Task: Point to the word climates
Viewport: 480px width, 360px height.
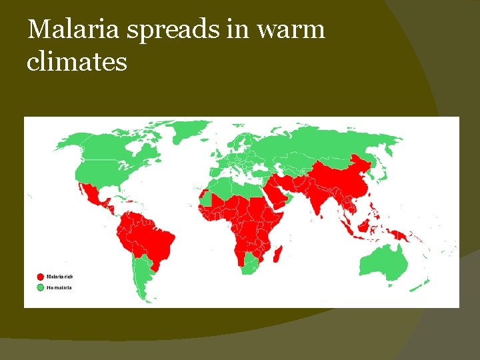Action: (x=77, y=62)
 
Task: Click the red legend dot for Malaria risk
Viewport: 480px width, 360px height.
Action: (x=41, y=277)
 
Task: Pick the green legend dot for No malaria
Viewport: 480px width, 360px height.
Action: (x=41, y=288)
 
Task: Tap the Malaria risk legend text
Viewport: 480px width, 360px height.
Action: (x=60, y=277)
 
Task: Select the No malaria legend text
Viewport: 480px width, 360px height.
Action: (x=59, y=288)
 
